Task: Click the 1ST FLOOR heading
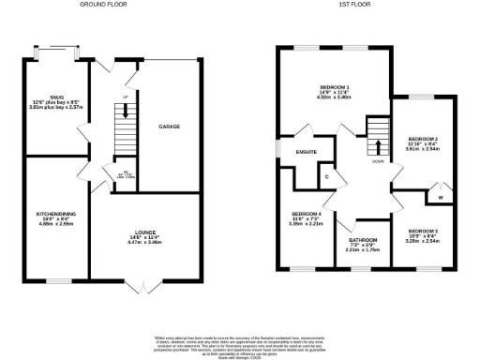(356, 5)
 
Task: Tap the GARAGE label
(169, 126)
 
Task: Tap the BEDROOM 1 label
(335, 86)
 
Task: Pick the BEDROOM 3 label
(421, 230)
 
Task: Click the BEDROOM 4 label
(306, 214)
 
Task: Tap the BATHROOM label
(363, 240)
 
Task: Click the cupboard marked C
(327, 174)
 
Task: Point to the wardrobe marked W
(440, 197)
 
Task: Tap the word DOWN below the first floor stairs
(378, 160)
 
